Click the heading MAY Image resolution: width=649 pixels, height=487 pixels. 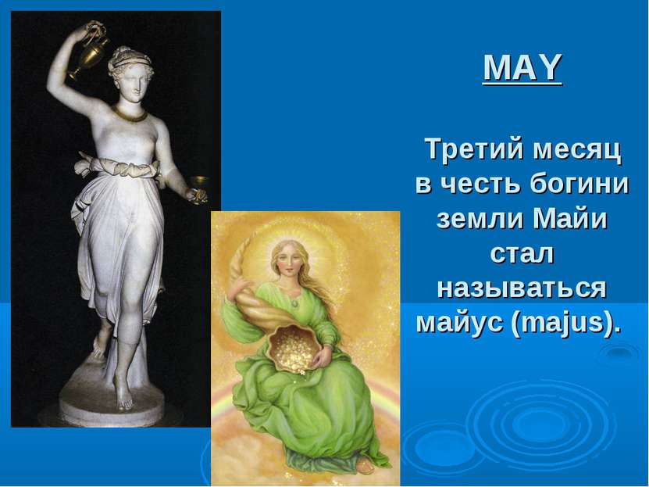pyautogui.click(x=522, y=67)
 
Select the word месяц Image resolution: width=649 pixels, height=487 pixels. pyautogui.click(x=577, y=150)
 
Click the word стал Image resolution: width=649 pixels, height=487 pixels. pyautogui.click(x=522, y=253)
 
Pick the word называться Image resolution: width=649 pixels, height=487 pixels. pyautogui.click(x=522, y=288)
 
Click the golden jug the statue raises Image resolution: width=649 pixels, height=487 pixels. pyautogui.click(x=91, y=49)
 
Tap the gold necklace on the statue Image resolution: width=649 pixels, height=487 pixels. pyautogui.click(x=129, y=113)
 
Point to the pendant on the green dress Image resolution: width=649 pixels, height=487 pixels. pyautogui.click(x=294, y=303)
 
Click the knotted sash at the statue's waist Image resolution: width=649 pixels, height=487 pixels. pyautogui.click(x=118, y=166)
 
